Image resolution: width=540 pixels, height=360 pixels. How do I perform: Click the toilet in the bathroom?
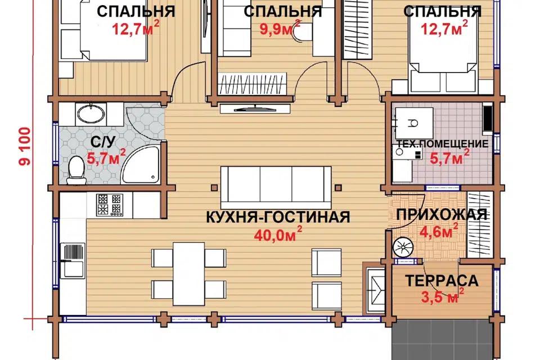(75, 170)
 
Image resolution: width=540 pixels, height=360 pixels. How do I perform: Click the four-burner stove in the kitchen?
(109, 205)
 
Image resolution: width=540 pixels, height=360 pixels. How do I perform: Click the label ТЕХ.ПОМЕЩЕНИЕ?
(442, 144)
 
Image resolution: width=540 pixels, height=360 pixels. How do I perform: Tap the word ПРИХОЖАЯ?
(442, 214)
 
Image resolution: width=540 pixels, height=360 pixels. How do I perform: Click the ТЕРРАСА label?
(442, 280)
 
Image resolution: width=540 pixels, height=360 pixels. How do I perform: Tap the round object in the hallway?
(403, 248)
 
